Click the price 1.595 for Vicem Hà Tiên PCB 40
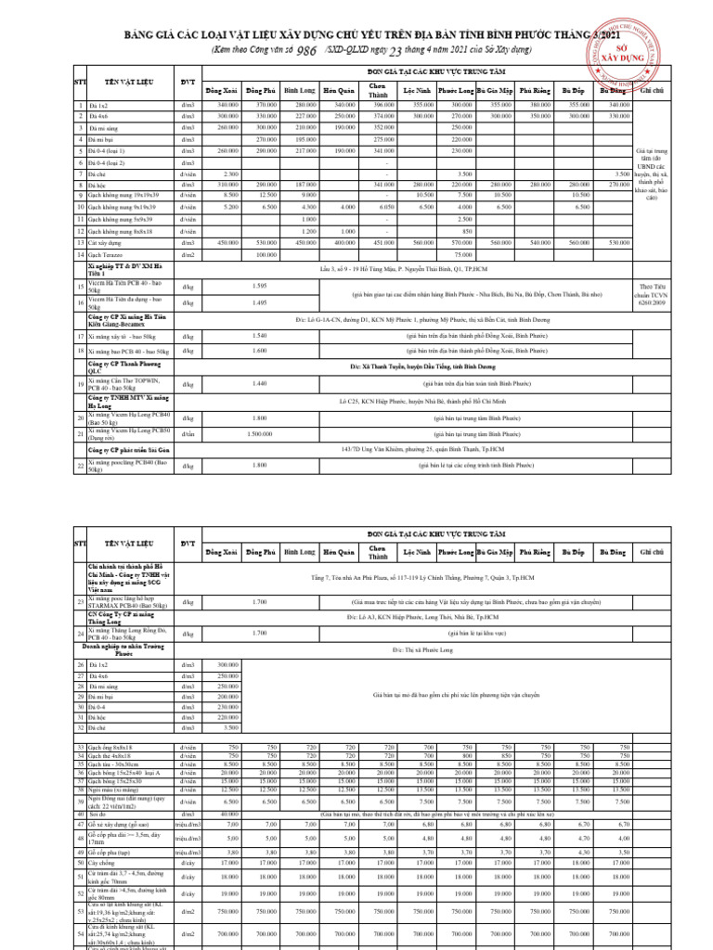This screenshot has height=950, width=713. click(x=260, y=286)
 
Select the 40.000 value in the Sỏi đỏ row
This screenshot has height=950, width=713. click(x=227, y=815)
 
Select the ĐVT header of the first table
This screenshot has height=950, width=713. click(x=188, y=83)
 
